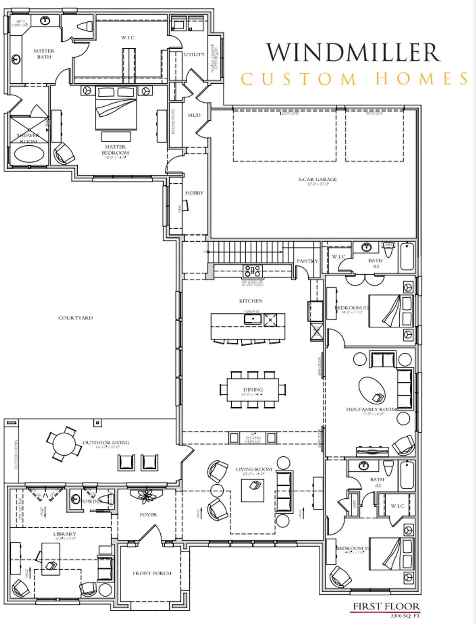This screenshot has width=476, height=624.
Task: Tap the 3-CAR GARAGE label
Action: coord(317,179)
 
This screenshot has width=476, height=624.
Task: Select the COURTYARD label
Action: coord(75,318)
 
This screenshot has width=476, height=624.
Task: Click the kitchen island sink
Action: coord(253,319)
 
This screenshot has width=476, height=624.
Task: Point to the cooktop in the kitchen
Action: coord(253,271)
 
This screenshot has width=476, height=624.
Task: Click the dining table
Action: coord(253,389)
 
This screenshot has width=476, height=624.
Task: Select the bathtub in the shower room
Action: coord(29,153)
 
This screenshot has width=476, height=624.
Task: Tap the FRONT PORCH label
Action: coord(152,573)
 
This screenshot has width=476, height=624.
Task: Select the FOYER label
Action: coord(148,515)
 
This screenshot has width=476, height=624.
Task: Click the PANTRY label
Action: coord(307,261)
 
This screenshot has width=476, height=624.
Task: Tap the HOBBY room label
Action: coord(194,193)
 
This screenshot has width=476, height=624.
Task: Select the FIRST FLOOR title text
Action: coord(386,606)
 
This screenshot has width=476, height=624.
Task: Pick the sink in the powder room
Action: coord(76,499)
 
